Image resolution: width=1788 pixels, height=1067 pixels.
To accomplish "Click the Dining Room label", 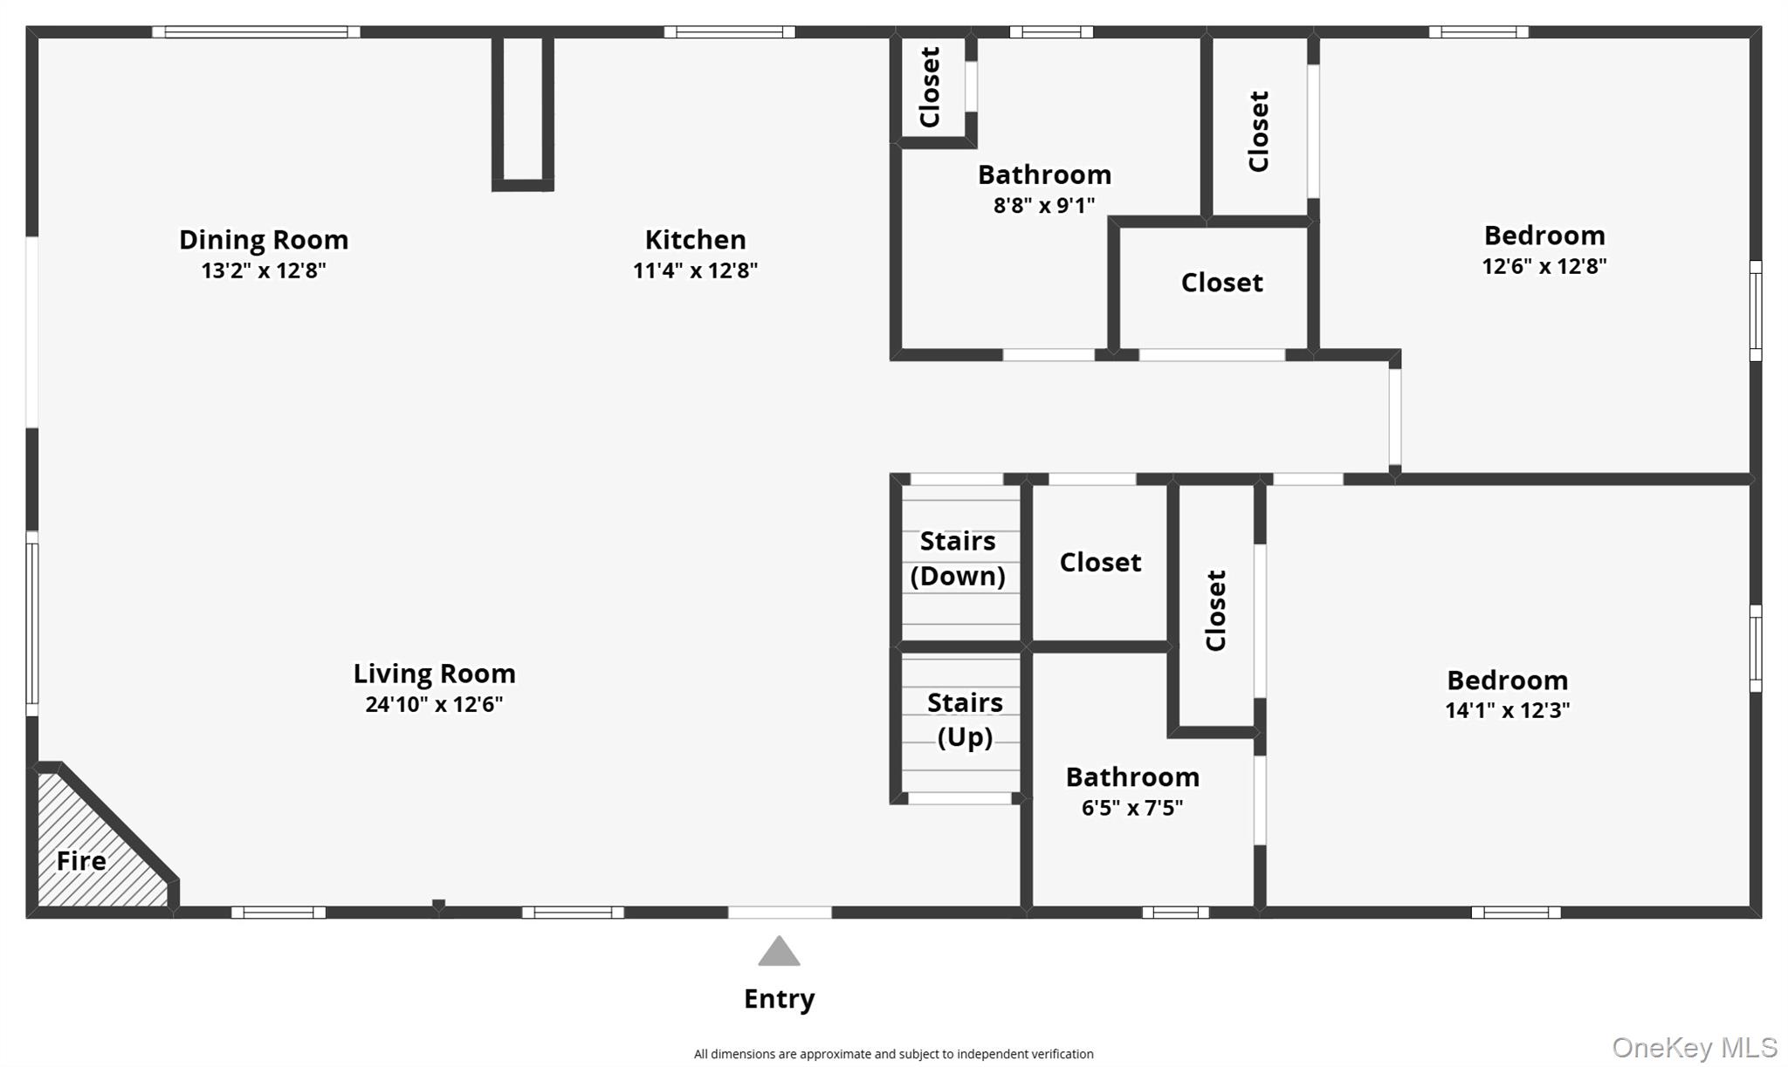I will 263,239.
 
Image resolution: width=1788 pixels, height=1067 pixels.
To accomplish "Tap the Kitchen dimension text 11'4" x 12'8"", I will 695,270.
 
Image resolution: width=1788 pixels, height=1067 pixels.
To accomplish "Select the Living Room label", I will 434,674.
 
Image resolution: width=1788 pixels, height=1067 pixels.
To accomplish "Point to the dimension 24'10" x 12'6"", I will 434,704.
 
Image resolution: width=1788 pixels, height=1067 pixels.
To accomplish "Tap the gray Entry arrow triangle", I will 779,951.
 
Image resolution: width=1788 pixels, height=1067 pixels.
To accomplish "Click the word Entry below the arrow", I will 779,998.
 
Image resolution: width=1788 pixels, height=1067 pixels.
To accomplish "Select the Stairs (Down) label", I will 958,558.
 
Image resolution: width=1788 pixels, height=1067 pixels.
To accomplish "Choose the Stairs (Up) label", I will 965,720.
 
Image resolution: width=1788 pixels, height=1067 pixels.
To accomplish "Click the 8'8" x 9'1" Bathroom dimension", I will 1044,206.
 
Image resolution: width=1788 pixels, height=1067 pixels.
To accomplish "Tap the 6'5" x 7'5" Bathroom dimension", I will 1132,808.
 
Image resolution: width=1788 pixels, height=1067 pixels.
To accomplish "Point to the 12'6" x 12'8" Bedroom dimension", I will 1544,266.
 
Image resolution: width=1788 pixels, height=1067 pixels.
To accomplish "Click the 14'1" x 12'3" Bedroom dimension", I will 1507,710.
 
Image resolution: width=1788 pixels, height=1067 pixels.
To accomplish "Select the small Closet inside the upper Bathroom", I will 930,87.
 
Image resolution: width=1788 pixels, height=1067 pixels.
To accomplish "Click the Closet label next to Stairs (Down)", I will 1100,563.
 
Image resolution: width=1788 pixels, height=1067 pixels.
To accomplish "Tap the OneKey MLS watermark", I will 1694,1047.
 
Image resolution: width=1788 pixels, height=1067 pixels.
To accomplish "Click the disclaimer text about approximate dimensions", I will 893,1054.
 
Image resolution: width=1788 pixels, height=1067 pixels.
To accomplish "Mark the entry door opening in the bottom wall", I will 780,913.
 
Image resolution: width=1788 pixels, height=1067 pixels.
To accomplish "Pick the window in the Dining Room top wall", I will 256,32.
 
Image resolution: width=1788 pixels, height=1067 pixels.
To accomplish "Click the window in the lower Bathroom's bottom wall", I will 1175,913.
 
